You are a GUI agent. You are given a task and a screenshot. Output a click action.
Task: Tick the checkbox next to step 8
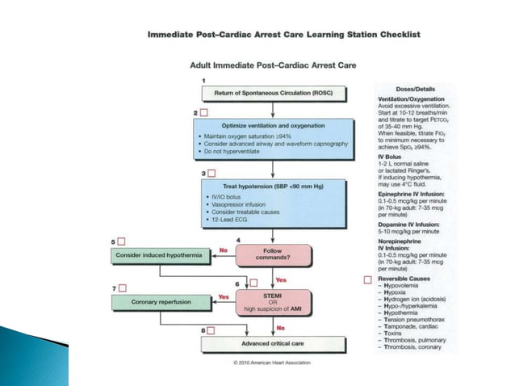click(x=211, y=330)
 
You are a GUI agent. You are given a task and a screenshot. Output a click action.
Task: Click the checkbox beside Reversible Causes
click(x=368, y=279)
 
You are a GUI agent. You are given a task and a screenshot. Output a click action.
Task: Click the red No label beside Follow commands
click(x=224, y=250)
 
